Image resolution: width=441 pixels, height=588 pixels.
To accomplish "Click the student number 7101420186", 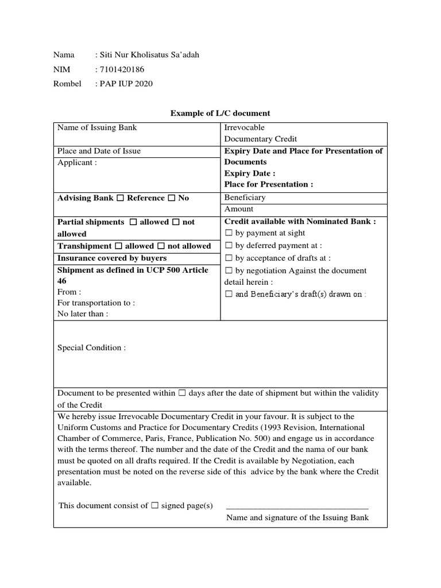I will click(x=122, y=69).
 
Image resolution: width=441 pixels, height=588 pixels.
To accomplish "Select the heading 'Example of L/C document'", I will click(x=220, y=113).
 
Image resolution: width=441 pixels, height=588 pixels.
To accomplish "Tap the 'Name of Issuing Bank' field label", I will click(x=97, y=127).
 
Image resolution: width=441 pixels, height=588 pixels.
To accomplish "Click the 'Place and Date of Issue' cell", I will click(x=99, y=151).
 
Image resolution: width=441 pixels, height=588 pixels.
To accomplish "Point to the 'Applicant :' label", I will click(x=77, y=163).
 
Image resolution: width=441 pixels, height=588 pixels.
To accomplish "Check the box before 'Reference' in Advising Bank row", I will click(x=120, y=198).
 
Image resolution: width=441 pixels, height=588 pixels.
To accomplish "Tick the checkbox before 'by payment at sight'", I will click(x=228, y=233).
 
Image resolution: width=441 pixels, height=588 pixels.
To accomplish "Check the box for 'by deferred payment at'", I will click(x=228, y=246).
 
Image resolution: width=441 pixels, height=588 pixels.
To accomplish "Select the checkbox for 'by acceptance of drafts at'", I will click(x=228, y=258).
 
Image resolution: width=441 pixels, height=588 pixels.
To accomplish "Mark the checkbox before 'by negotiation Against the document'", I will click(x=228, y=271).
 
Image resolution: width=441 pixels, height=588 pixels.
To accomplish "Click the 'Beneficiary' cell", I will click(x=245, y=197).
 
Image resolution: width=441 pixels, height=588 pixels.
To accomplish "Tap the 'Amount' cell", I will click(x=238, y=209).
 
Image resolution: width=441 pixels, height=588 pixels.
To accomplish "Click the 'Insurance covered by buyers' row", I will click(x=112, y=258).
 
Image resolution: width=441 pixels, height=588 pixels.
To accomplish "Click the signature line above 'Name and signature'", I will click(x=297, y=508).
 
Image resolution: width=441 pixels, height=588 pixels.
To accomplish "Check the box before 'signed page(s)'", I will click(x=154, y=506).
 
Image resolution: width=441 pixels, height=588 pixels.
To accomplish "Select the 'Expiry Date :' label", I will click(x=250, y=173).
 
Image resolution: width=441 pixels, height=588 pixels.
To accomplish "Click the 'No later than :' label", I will click(x=83, y=314).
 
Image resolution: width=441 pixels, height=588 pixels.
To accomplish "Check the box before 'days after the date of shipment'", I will click(x=182, y=393).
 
